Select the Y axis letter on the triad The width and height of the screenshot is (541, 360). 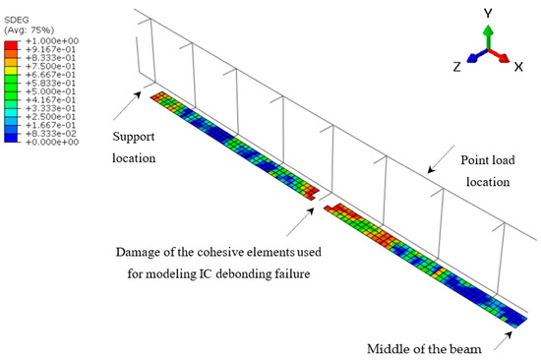point(487,12)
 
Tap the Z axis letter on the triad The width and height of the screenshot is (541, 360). point(458,68)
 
